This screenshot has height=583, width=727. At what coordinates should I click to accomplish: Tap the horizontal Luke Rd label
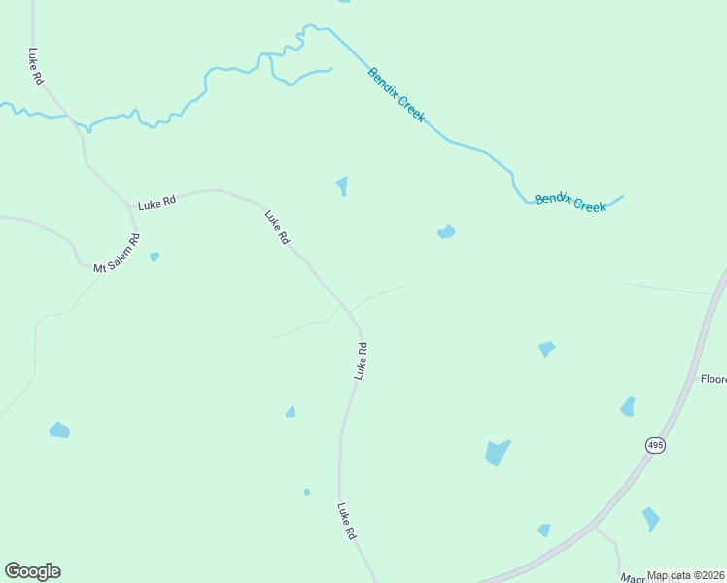point(156,203)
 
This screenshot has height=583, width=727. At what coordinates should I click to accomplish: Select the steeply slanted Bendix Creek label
point(397,94)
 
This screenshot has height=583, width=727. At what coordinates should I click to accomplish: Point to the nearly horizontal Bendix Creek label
point(571,202)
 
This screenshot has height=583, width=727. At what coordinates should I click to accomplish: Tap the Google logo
point(32,571)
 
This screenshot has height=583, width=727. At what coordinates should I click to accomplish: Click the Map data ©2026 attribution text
point(686,575)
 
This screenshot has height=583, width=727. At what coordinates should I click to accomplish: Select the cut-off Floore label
point(713,379)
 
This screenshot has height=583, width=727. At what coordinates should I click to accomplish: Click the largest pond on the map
point(497,453)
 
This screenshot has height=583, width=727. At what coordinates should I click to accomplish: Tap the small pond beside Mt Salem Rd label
point(155,257)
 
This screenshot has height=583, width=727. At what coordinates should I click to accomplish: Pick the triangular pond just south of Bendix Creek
point(342,185)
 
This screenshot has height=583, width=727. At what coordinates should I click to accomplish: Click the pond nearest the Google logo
point(59,429)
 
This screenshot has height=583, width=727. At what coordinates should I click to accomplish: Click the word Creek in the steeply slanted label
point(410,109)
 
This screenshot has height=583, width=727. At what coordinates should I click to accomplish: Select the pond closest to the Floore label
point(628,407)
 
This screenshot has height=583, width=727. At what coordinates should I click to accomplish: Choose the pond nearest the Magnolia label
point(650,519)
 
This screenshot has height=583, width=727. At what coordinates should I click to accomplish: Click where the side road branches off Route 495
point(595,528)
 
